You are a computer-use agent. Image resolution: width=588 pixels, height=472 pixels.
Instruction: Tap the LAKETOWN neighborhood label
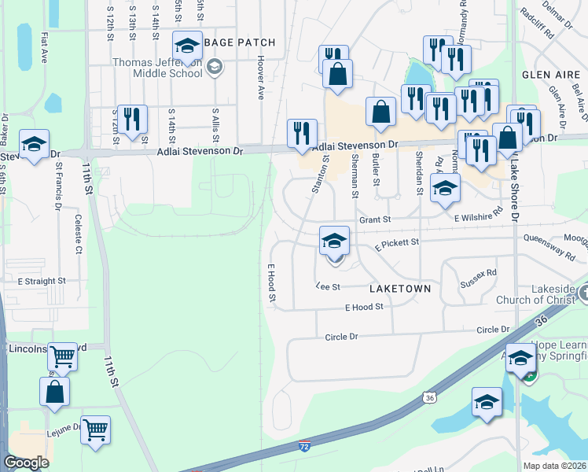click(400, 289)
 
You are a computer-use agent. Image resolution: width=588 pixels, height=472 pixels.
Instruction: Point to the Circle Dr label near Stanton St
click(341, 337)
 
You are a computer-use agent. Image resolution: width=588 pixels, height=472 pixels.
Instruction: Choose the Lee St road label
click(327, 286)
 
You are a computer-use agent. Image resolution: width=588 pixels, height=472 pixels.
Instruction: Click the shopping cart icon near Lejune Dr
click(95, 430)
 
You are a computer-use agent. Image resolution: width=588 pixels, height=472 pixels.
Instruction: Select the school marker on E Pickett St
click(334, 241)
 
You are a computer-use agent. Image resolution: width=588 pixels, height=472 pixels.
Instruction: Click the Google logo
click(25, 463)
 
